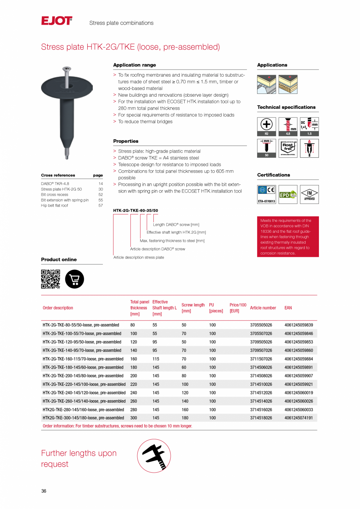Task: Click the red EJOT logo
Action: point(57,21)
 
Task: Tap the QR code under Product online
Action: point(50,279)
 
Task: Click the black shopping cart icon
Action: point(74,279)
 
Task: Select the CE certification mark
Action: point(271,191)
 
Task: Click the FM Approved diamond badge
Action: point(309,194)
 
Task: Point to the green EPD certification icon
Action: point(288,194)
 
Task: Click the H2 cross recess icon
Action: point(266,126)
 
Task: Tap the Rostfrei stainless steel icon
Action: point(288,148)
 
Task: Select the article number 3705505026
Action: point(261,325)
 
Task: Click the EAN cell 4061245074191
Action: point(299,418)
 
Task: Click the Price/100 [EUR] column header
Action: point(238,308)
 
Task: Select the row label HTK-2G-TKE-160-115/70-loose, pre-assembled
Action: point(83,359)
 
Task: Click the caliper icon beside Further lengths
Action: point(154,455)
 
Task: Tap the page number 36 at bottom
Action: point(44,491)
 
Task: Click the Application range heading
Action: point(134,65)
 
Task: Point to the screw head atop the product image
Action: point(67,69)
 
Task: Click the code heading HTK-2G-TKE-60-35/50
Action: point(135,210)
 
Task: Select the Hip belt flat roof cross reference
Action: point(54,205)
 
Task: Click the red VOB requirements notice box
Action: point(288,237)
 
